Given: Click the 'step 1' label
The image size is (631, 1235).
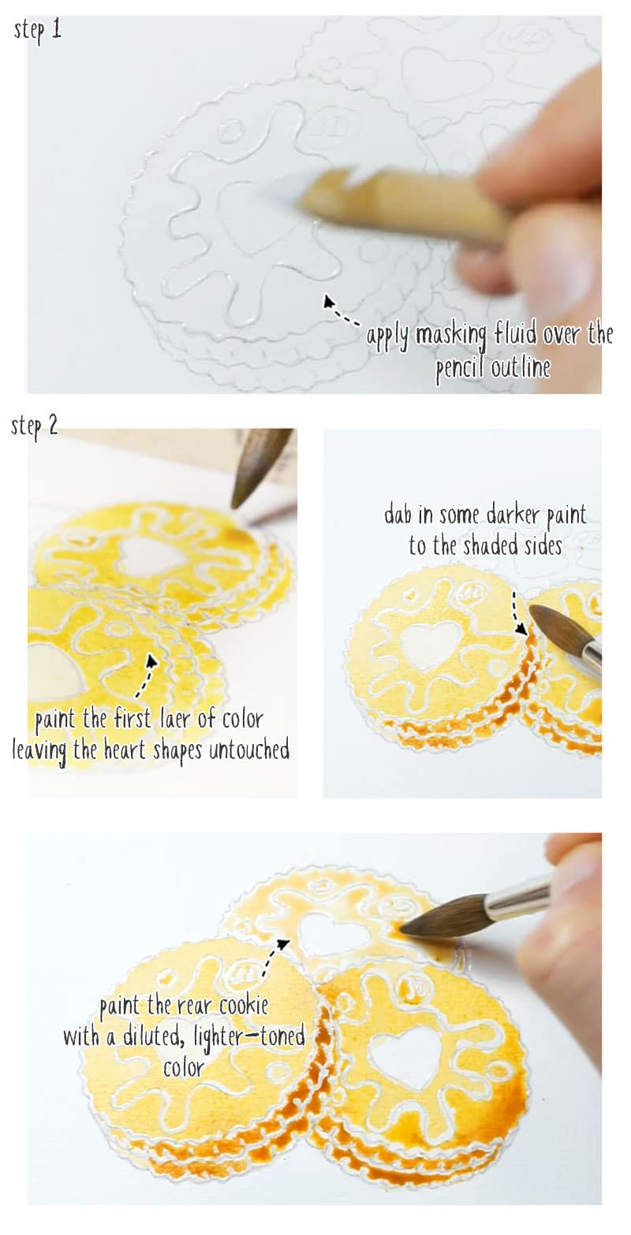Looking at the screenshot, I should point(38,32).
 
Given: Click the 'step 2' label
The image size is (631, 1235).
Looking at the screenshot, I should point(34,426).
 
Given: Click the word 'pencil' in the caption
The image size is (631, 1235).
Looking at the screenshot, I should point(464,367).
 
